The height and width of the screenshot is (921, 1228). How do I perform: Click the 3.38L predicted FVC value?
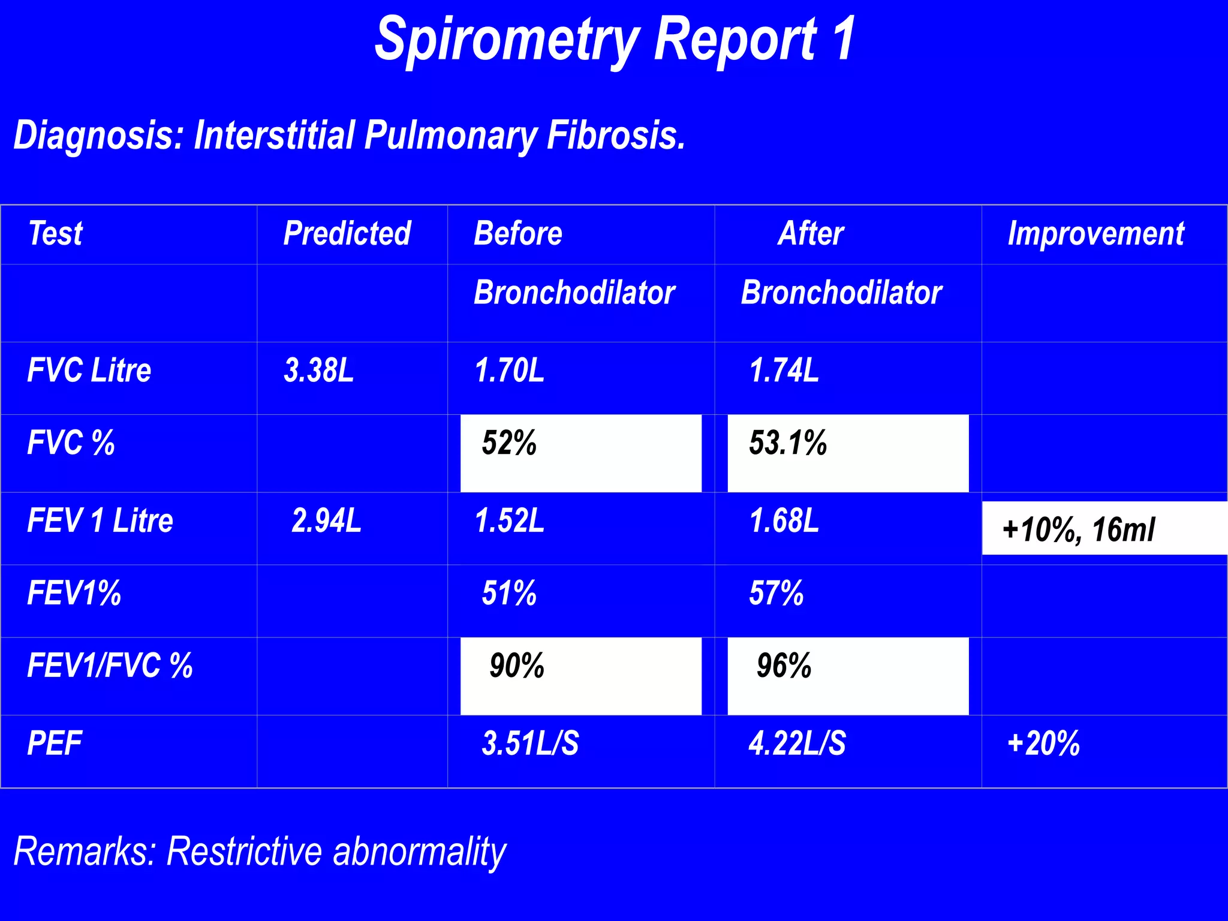point(318,370)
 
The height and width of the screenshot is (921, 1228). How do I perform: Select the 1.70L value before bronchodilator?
point(509,370)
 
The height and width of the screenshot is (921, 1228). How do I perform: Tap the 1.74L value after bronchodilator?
point(784,370)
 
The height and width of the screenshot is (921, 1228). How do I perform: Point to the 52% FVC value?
point(509,443)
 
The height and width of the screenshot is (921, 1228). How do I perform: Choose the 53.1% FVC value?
point(788,443)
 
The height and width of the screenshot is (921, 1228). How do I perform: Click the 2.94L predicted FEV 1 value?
point(326,520)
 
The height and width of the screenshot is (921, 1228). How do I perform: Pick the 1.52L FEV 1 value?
point(509,520)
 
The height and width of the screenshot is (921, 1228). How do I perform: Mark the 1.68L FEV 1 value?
point(784,520)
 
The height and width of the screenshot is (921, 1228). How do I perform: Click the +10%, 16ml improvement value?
point(1078,529)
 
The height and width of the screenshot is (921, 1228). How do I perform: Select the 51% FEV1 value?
point(509,593)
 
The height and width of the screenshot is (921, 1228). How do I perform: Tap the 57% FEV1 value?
point(776,593)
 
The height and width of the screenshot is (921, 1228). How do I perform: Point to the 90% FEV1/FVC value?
point(517,666)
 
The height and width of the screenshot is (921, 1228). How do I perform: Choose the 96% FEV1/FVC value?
point(784,666)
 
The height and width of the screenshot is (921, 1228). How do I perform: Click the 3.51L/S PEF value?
point(530,744)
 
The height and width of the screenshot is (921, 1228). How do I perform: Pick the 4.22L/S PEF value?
point(797,744)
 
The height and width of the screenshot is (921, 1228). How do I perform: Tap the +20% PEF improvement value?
point(1043,744)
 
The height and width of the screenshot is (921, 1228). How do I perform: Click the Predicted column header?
point(347,233)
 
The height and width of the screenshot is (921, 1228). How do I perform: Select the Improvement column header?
point(1095,233)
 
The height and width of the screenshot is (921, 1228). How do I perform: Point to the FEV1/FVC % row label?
point(110,666)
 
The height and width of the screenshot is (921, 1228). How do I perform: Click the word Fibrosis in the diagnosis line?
point(616,136)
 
